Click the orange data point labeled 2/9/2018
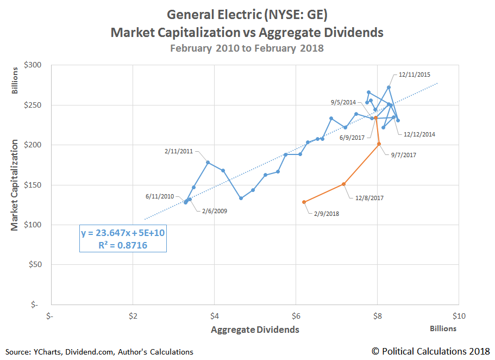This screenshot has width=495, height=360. click(304, 202)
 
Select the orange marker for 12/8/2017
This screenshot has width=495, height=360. click(344, 184)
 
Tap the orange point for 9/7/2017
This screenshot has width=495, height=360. click(379, 144)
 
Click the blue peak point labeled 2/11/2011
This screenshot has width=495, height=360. click(208, 162)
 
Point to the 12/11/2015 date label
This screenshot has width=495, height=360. click(415, 75)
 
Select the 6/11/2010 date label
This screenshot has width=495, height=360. click(160, 196)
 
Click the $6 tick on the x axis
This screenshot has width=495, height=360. click(296, 315)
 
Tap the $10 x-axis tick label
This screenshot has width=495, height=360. click(459, 315)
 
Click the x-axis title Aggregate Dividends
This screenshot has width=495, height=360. click(255, 330)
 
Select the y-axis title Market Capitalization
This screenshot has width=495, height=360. click(15, 185)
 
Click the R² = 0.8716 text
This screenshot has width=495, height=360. click(123, 245)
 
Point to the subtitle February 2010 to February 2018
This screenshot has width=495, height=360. click(247, 48)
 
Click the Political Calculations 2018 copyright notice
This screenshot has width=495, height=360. click(430, 351)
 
